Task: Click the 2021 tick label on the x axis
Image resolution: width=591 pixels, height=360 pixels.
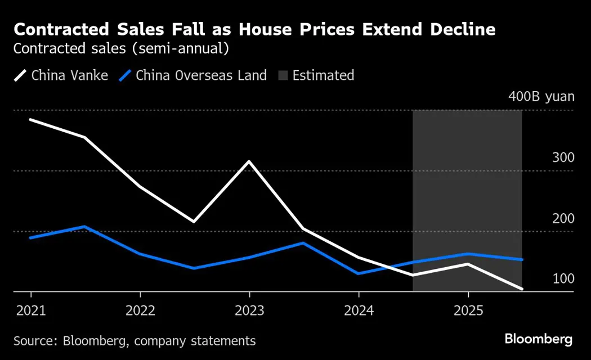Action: (x=30, y=310)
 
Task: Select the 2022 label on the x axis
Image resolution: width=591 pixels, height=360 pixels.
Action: (x=140, y=310)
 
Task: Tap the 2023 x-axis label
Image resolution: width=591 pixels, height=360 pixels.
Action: (x=249, y=310)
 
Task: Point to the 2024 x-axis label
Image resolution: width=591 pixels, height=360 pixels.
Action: (x=359, y=310)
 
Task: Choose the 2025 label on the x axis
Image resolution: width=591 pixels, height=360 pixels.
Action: (x=468, y=310)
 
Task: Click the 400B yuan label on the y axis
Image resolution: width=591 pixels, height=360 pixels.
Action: (x=541, y=96)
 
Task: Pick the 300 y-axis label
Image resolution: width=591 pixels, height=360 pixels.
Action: (x=563, y=157)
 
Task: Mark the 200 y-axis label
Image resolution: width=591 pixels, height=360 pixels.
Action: (x=563, y=218)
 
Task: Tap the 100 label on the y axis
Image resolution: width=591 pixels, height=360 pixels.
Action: (x=563, y=279)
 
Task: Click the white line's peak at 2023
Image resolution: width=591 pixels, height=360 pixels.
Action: (x=249, y=161)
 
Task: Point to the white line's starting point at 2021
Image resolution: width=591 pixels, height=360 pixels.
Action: (x=30, y=119)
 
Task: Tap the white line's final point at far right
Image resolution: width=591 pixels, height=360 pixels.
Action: (x=522, y=289)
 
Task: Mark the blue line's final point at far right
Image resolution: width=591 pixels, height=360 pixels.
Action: (x=522, y=260)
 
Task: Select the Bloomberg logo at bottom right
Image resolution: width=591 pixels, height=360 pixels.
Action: (x=538, y=339)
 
